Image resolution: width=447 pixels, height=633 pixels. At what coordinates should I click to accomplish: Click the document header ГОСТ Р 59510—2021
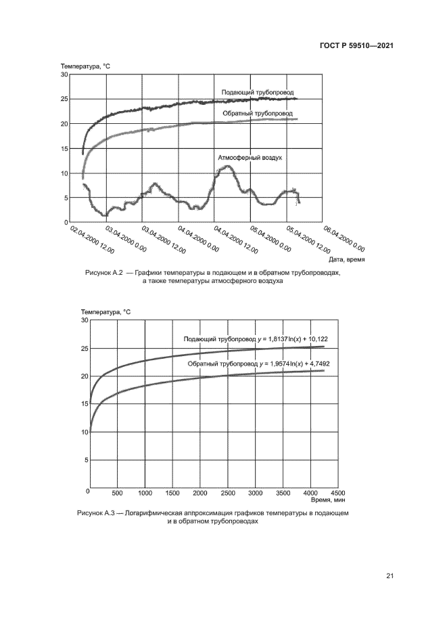pyautogui.click(x=357, y=45)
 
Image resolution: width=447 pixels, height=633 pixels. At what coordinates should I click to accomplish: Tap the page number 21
pyautogui.click(x=390, y=576)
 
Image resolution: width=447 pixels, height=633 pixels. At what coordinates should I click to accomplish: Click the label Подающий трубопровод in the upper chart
pyautogui.click(x=257, y=92)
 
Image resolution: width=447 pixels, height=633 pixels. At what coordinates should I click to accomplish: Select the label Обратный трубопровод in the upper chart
pyautogui.click(x=258, y=114)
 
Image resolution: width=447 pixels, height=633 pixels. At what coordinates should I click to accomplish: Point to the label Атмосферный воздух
pyautogui.click(x=249, y=157)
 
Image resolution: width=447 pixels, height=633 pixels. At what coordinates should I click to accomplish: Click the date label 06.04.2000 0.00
pyautogui.click(x=344, y=238)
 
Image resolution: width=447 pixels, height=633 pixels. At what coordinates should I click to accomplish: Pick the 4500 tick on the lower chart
pyautogui.click(x=339, y=492)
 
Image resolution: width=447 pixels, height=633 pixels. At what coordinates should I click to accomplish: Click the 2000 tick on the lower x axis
pyautogui.click(x=200, y=492)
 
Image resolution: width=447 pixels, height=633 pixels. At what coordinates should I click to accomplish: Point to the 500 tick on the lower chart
pyautogui.click(x=117, y=492)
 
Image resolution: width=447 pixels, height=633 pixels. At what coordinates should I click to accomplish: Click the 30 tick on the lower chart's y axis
pyautogui.click(x=84, y=320)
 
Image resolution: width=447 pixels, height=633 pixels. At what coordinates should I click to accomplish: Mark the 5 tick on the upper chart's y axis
pyautogui.click(x=66, y=198)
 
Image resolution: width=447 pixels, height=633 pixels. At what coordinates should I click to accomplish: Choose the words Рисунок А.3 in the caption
pyautogui.click(x=98, y=515)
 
